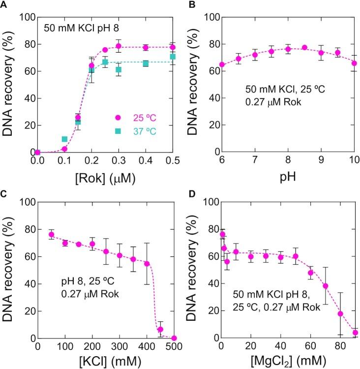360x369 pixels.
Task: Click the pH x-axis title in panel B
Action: [x=287, y=175]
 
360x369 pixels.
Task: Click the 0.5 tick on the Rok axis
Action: [x=173, y=160]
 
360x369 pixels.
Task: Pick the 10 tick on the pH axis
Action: [x=354, y=160]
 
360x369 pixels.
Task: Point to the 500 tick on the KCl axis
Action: [x=174, y=346]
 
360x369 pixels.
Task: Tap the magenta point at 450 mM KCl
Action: [x=160, y=329]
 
